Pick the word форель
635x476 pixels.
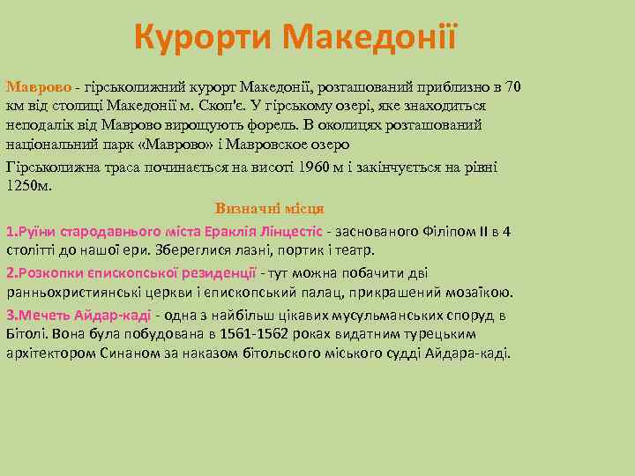(x=286, y=124)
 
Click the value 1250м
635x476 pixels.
(x=29, y=185)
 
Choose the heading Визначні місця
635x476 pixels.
(x=270, y=209)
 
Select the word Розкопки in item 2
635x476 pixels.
(x=49, y=272)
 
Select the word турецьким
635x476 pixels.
(x=438, y=334)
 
